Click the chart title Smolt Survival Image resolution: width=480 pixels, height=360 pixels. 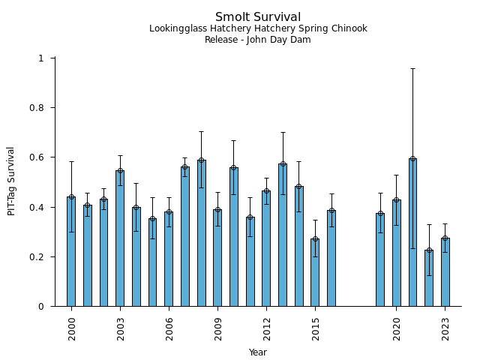click(258, 17)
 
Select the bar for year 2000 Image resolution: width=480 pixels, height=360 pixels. click(71, 251)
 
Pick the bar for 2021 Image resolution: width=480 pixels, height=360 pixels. click(412, 232)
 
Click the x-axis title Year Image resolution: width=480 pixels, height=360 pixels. click(258, 352)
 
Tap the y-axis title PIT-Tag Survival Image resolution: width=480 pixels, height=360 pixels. click(11, 181)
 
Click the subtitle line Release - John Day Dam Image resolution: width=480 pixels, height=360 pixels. click(258, 40)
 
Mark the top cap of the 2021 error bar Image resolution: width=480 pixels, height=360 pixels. click(412, 68)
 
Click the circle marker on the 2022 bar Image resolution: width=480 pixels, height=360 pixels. click(429, 250)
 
